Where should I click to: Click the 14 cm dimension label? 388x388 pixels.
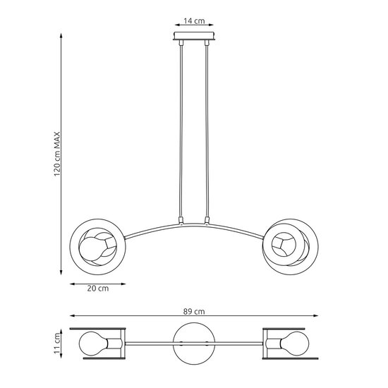(x=194, y=21)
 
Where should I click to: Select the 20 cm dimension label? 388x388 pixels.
(x=98, y=289)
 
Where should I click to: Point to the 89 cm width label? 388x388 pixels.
(x=194, y=312)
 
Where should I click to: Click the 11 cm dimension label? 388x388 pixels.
(x=59, y=343)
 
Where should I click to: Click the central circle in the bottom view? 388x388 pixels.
(x=194, y=343)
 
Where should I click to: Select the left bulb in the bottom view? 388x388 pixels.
(x=95, y=344)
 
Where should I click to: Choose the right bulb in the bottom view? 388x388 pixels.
(x=293, y=344)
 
